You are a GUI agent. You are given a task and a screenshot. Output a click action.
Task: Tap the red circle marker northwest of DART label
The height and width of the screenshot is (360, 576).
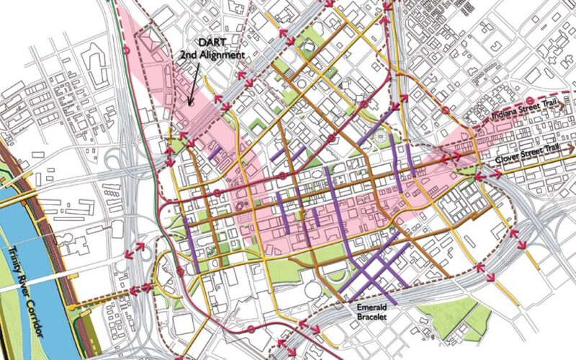tap(128, 51)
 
